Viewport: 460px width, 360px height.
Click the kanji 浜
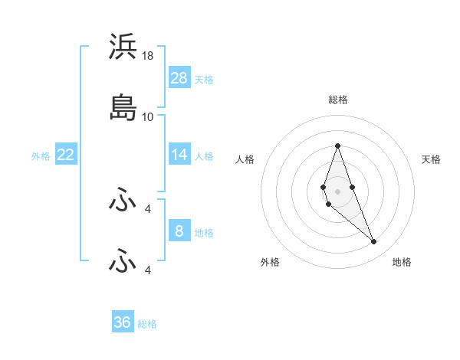click(123, 47)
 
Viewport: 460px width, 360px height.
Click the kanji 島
click(123, 108)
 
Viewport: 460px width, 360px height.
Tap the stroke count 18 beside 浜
click(148, 56)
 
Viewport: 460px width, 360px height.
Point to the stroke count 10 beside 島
click(148, 116)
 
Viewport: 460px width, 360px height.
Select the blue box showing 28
click(179, 78)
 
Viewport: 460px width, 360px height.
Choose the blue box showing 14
click(179, 155)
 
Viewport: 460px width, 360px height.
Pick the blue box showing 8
click(179, 231)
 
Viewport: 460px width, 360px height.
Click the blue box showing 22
click(66, 155)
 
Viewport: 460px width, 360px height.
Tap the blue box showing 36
click(123, 322)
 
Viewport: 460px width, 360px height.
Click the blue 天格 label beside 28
click(204, 80)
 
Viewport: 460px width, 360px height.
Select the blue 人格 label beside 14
click(204, 156)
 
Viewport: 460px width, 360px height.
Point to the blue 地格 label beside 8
click(204, 232)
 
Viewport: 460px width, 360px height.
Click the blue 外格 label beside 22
click(41, 156)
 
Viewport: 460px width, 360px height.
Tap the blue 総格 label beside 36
click(147, 324)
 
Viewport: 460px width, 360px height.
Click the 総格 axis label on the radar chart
click(337, 100)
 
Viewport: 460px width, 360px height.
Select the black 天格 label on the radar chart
click(431, 159)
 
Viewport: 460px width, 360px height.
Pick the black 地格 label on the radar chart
click(402, 263)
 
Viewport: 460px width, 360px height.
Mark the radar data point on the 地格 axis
click(374, 242)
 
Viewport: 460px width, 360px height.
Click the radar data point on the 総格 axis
click(337, 146)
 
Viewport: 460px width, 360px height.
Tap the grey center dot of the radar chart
click(337, 191)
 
